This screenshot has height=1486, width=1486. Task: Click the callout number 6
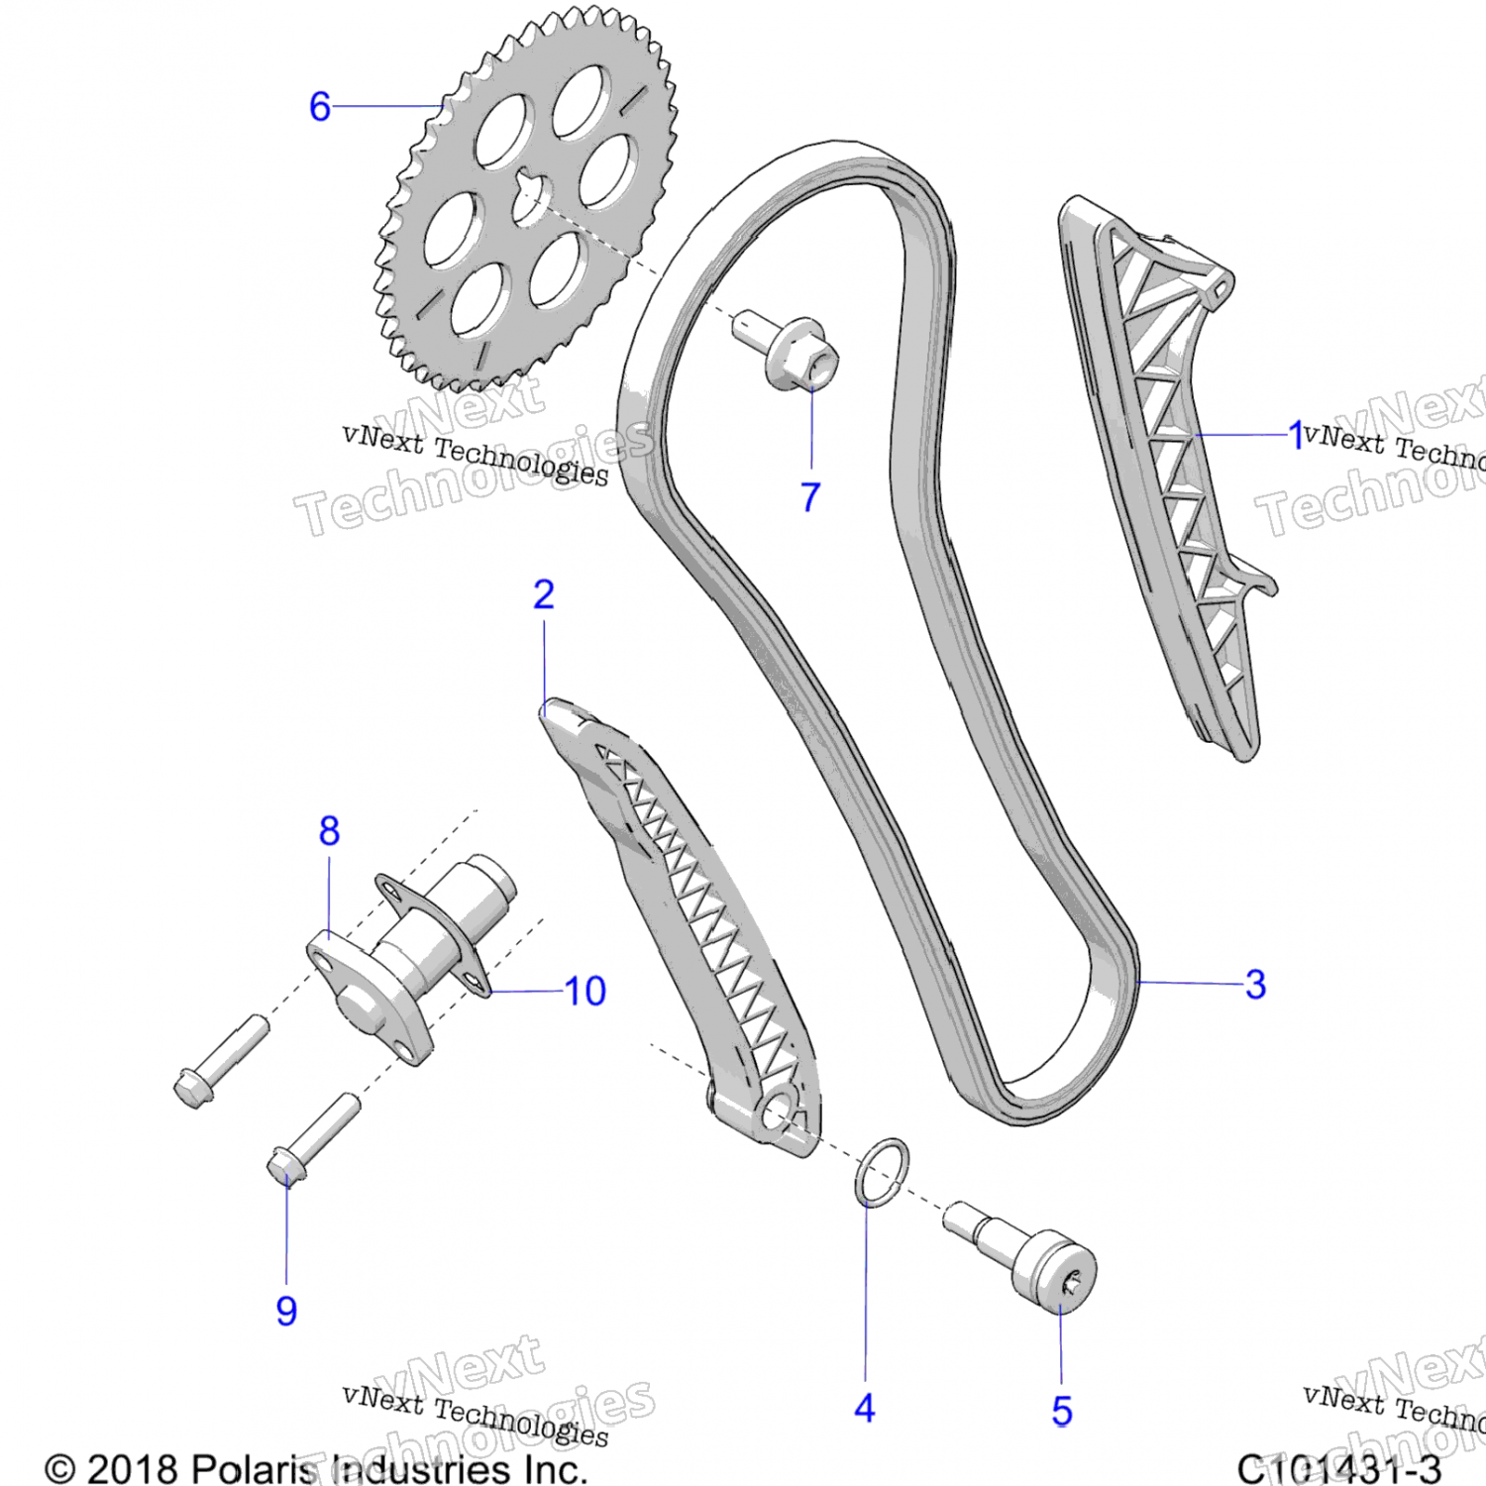click(x=319, y=106)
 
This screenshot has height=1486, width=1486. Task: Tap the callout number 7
click(x=810, y=496)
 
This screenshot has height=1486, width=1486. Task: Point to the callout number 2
click(x=543, y=594)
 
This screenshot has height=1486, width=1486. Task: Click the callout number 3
click(x=1255, y=984)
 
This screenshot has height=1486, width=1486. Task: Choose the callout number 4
click(x=864, y=1408)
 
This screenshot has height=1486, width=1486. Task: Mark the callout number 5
click(x=1062, y=1411)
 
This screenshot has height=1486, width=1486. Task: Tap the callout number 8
click(x=329, y=830)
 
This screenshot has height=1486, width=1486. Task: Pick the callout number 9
click(x=286, y=1310)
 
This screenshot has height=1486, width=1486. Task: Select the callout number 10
click(x=584, y=991)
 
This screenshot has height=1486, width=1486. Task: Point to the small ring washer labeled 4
click(x=881, y=1172)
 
